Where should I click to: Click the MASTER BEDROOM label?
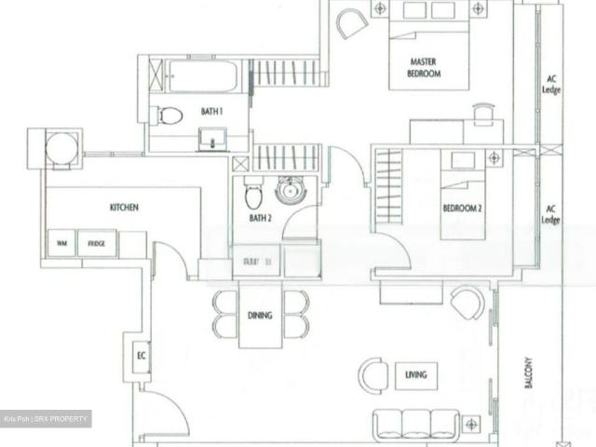pyautogui.click(x=424, y=68)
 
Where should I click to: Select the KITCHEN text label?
pyautogui.click(x=124, y=208)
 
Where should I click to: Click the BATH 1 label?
pyautogui.click(x=212, y=112)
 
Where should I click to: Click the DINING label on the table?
pyautogui.click(x=260, y=316)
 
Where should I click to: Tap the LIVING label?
pyautogui.click(x=415, y=375)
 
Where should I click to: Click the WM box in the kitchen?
pyautogui.click(x=61, y=243)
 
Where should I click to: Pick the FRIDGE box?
pyautogui.click(x=97, y=243)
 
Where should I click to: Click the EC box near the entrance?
pyautogui.click(x=142, y=355)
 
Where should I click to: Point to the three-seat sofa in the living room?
pyautogui.click(x=416, y=424)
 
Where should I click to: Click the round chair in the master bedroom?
pyautogui.click(x=352, y=23)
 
